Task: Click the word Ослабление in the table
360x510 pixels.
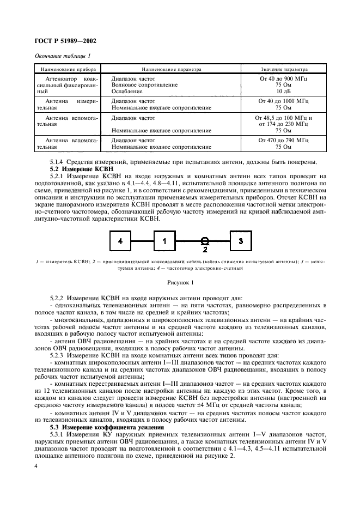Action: (x=126, y=92)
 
